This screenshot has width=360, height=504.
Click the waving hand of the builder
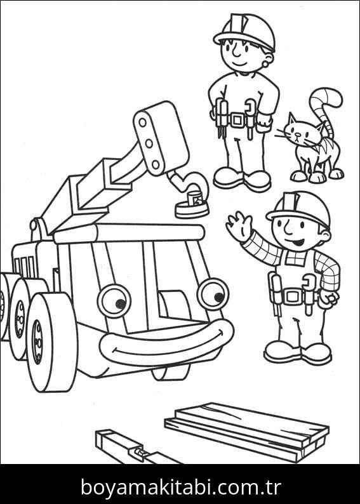(239, 226)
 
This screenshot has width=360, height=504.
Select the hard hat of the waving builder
(298, 209)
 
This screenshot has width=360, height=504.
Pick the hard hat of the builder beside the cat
(244, 31)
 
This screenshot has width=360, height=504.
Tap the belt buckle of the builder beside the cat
(238, 120)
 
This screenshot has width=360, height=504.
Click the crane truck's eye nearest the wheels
(114, 300)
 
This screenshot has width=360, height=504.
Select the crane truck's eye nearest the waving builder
(213, 295)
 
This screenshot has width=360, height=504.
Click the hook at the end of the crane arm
(190, 184)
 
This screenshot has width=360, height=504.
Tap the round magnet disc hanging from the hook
(192, 209)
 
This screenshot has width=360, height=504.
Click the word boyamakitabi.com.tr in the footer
(181, 487)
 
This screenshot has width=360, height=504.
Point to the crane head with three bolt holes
(161, 138)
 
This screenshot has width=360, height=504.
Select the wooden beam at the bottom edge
(135, 448)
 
